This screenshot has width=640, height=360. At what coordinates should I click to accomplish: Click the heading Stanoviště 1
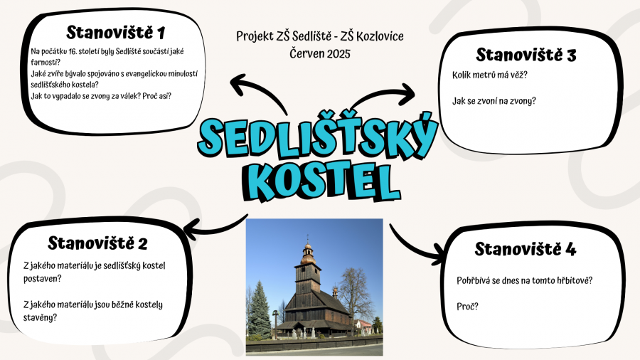click(115, 32)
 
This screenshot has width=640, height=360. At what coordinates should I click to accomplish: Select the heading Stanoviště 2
click(97, 243)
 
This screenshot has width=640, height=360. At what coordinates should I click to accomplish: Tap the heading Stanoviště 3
click(526, 55)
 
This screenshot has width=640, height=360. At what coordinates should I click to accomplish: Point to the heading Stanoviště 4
click(526, 248)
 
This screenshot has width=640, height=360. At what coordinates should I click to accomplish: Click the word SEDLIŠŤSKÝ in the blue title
click(318, 137)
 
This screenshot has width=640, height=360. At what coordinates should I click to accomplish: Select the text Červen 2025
click(320, 53)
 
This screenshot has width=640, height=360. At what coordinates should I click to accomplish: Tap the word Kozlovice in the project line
click(380, 36)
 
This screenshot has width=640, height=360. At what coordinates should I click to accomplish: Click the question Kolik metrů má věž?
click(490, 75)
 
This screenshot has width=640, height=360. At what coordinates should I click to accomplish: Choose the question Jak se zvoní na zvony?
click(494, 101)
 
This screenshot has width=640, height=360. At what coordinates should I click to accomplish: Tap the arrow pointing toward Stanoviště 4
click(412, 248)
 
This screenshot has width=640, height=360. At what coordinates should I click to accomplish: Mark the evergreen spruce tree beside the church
click(259, 311)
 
